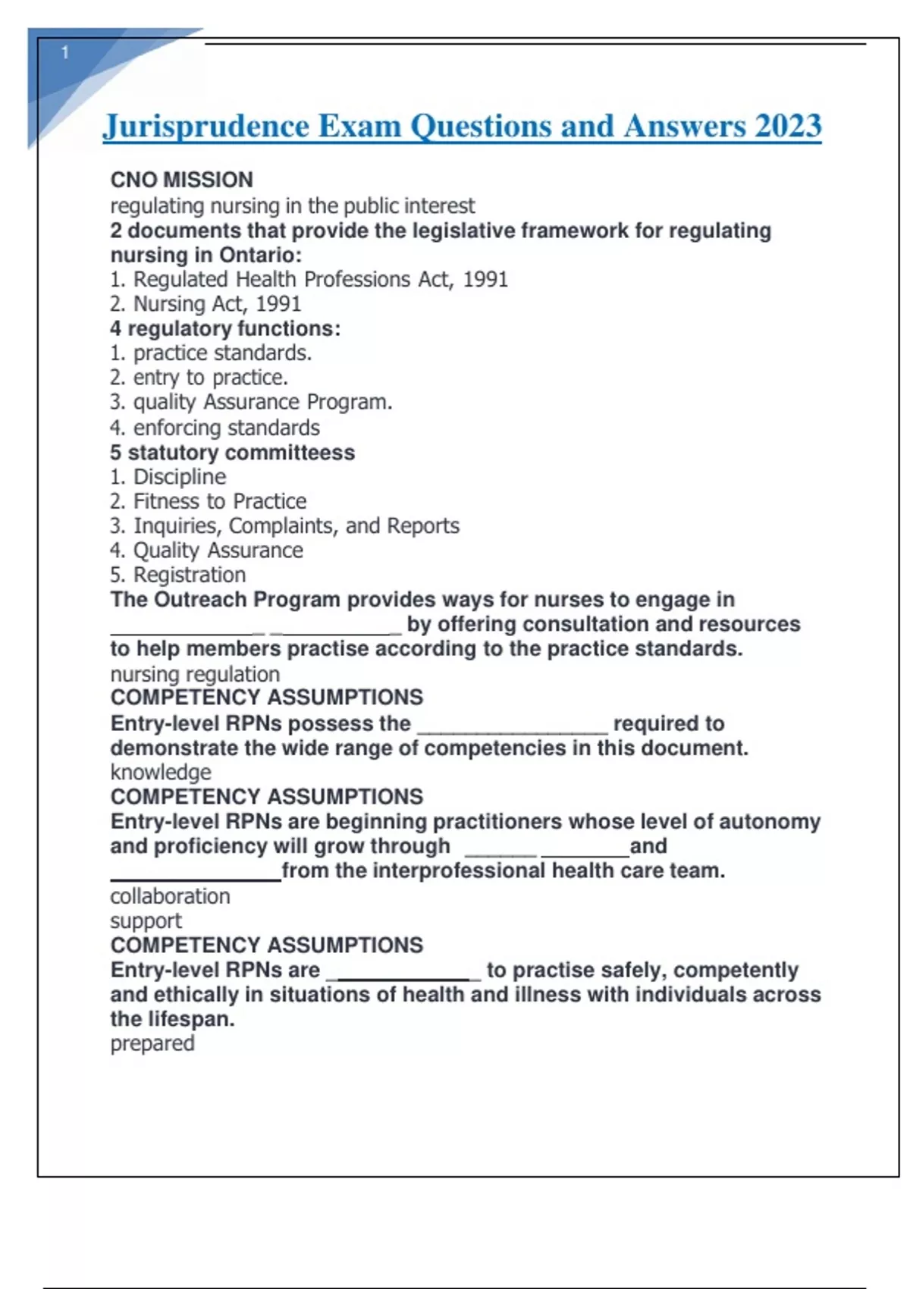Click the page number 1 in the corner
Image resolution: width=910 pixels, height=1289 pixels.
coord(65,52)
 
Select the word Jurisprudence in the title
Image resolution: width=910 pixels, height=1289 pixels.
coord(206,126)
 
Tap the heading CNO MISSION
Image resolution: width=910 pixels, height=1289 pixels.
coord(182,180)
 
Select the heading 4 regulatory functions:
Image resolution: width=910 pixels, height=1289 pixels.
coord(225,328)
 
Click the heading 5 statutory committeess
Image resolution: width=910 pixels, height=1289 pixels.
coord(232,453)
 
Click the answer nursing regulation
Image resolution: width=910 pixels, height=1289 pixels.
coord(195,674)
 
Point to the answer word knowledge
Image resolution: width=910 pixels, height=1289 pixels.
coord(161,772)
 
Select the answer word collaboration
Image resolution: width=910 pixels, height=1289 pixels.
coord(170,896)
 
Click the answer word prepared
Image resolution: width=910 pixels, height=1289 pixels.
coord(152,1043)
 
